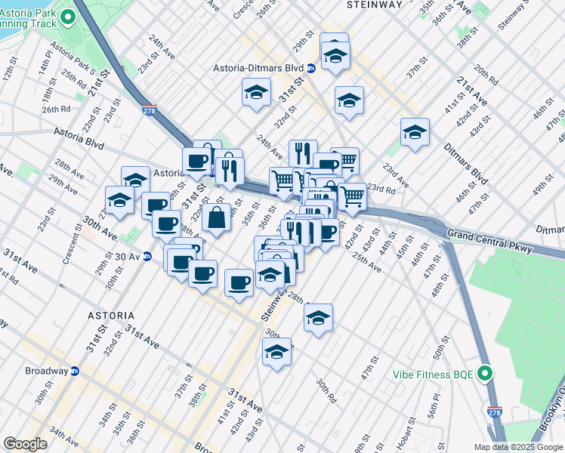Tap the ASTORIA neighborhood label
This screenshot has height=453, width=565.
coord(110,315)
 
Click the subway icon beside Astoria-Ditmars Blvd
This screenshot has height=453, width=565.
coord(311,68)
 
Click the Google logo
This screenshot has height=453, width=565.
coord(25,444)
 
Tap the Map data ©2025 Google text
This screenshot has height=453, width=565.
coord(518,447)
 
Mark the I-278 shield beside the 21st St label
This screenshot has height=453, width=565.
coord(149,110)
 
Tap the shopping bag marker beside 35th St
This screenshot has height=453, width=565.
coord(216,217)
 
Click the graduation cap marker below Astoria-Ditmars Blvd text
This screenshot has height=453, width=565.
coord(256,93)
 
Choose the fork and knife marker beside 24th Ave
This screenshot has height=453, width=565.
coord(302,153)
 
